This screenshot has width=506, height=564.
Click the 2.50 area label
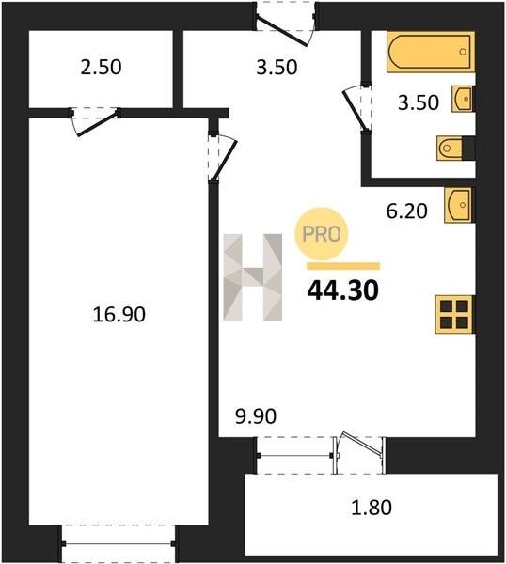click(102, 68)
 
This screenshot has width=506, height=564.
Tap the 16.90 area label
click(119, 314)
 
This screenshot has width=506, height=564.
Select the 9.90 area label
click(256, 416)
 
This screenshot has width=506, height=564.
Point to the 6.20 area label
click(407, 211)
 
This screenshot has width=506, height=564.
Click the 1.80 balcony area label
click(372, 508)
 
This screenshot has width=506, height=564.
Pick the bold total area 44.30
click(343, 290)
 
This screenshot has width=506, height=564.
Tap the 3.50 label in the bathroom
click(419, 102)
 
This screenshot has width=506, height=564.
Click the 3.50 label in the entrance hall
click(277, 68)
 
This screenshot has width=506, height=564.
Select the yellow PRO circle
click(322, 234)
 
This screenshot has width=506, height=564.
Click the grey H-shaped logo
click(253, 277)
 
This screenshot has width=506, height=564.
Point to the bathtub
click(431, 52)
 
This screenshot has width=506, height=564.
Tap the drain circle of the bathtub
click(463, 52)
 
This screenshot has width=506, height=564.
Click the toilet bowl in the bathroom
click(450, 148)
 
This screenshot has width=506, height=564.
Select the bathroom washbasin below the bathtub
click(463, 99)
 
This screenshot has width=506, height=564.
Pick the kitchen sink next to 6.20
click(459, 205)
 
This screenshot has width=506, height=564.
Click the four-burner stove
click(454, 314)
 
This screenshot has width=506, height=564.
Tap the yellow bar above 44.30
click(343, 266)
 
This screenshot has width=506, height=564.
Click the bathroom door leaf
click(354, 110)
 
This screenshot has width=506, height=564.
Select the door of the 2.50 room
click(98, 123)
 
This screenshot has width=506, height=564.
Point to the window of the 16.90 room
click(119, 544)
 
